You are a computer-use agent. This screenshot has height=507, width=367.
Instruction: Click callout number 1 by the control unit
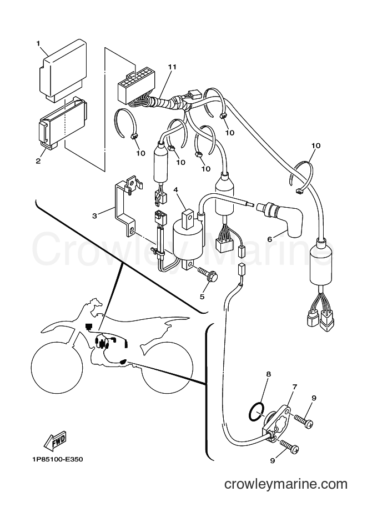38,43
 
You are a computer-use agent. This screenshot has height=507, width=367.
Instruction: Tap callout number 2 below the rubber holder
38,160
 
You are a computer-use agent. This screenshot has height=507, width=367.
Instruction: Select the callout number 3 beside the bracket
94,215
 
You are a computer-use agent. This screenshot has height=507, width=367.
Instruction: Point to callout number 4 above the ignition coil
176,189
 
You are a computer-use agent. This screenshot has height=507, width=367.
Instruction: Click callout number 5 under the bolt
202,297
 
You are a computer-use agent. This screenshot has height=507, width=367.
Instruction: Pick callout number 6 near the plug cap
270,239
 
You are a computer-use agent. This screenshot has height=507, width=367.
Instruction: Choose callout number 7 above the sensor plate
295,387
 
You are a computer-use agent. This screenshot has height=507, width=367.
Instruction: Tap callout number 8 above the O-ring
268,374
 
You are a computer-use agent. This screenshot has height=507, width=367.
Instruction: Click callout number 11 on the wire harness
172,67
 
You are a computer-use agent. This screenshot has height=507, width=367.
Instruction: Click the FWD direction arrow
56,441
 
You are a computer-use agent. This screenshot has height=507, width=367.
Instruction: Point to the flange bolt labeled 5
207,272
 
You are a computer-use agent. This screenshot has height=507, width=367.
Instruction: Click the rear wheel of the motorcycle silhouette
167,367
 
